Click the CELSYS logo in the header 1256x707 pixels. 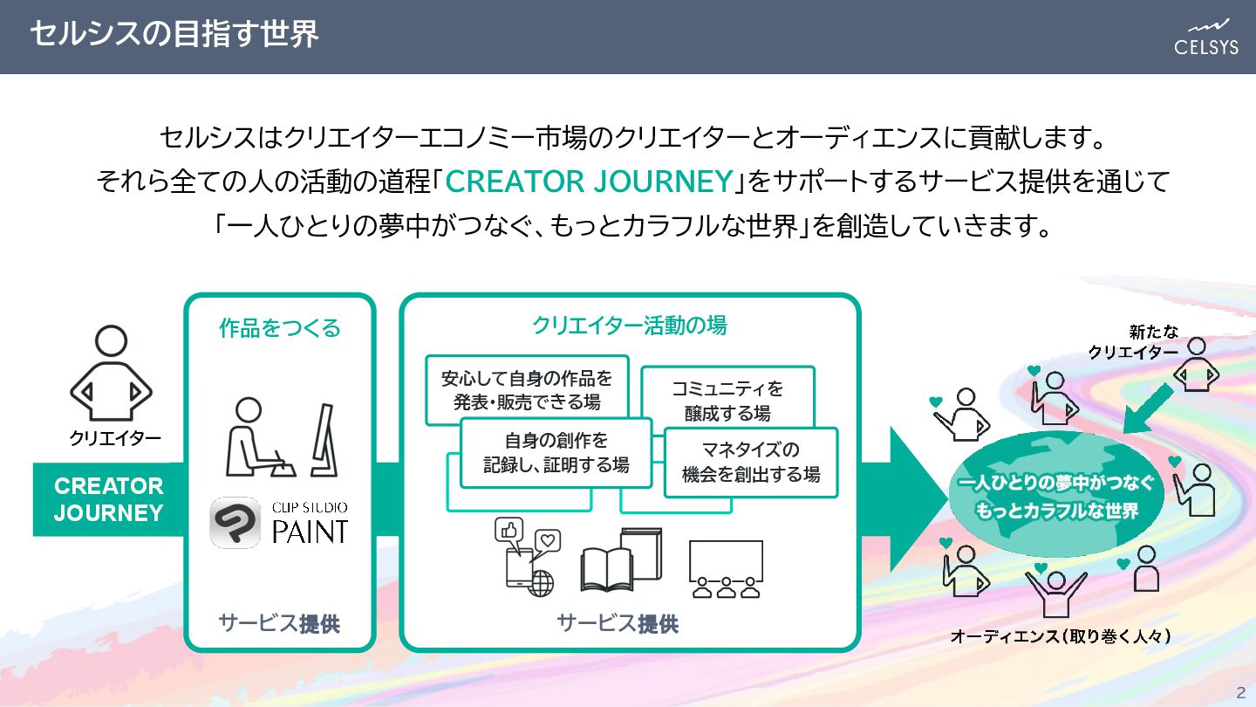coord(1206,37)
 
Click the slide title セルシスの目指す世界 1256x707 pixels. coord(174,35)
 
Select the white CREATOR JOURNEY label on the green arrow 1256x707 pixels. coord(108,499)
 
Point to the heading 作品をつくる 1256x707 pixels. coord(279,328)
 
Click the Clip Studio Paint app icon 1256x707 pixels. coord(235,522)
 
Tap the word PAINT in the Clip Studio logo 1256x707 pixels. coord(310,530)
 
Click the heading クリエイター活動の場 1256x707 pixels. coord(629,326)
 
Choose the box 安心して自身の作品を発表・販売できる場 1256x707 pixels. coord(527,389)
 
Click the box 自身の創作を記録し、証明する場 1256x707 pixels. coord(556,452)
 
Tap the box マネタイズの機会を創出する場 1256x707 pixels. coord(750,462)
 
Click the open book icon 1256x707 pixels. coord(621,563)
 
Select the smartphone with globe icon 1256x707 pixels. coord(528,559)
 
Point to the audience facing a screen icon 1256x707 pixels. coord(726,568)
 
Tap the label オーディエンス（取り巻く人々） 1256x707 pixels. coord(1060,636)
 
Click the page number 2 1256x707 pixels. coord(1240,693)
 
